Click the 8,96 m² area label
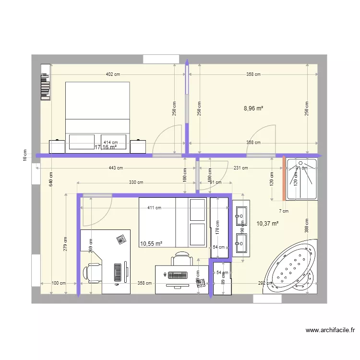(253, 108)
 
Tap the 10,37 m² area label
(267, 223)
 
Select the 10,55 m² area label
(151, 243)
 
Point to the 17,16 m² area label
(105, 147)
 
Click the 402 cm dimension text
(113, 74)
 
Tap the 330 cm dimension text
(136, 182)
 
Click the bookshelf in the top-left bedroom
(46, 82)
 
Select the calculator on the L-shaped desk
(120, 239)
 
